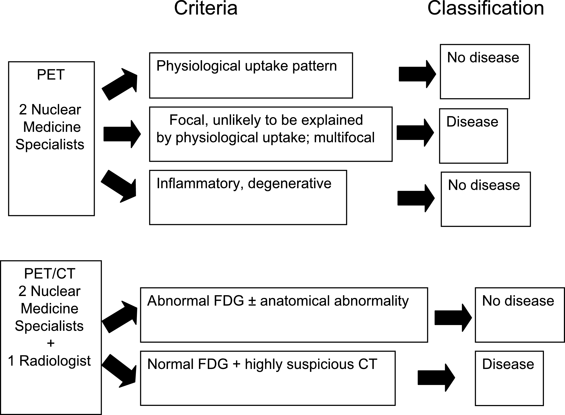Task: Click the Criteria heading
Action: pos(206,8)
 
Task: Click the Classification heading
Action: pos(486,8)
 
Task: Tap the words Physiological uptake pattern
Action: pos(247,66)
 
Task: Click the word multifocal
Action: pos(344,137)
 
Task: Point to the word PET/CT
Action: pos(50,273)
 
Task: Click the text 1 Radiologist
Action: pos(49,361)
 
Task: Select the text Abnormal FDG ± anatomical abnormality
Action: pos(278,301)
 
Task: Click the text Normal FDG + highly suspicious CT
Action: pos(262,364)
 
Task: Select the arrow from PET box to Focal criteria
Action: pos(122,134)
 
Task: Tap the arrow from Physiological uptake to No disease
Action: pos(417,74)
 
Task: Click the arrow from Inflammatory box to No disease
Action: pos(416,198)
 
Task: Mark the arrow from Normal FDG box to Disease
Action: pos(436,378)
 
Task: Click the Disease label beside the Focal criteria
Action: pos(472,122)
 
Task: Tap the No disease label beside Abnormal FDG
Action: pos(518,301)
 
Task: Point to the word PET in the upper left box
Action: pos(51,75)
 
